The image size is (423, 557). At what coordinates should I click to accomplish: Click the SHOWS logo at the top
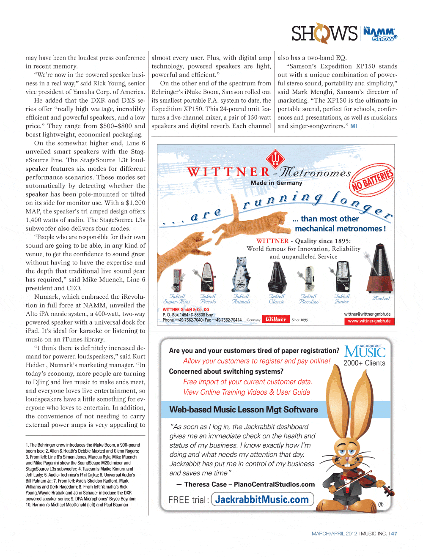point(324,33)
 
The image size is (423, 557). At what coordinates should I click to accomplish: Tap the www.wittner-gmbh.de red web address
point(369,321)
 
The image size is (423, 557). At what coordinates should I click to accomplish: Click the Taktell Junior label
point(342,299)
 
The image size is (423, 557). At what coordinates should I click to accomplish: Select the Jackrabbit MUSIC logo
point(365,351)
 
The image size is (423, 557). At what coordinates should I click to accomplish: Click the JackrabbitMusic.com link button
point(262,500)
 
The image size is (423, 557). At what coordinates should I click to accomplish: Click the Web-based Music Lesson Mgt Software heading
point(244,410)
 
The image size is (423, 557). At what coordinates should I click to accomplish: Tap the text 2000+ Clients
point(364,363)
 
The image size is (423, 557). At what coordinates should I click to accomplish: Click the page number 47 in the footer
point(394,534)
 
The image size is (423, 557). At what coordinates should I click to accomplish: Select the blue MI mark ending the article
point(354,126)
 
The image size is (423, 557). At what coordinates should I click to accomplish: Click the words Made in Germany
point(276,183)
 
